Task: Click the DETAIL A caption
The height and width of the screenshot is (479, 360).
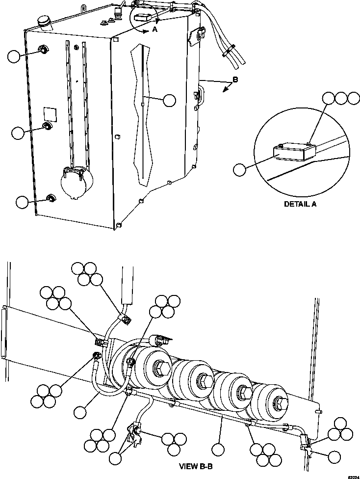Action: [x=300, y=204]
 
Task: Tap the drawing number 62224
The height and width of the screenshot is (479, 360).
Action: [x=353, y=476]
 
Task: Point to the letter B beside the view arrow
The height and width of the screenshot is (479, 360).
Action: [x=235, y=80]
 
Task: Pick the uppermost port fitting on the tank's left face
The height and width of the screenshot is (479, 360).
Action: [x=43, y=50]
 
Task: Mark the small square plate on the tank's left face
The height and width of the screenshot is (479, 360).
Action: [x=50, y=112]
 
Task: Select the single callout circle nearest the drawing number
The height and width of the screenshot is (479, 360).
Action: [x=335, y=457]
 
